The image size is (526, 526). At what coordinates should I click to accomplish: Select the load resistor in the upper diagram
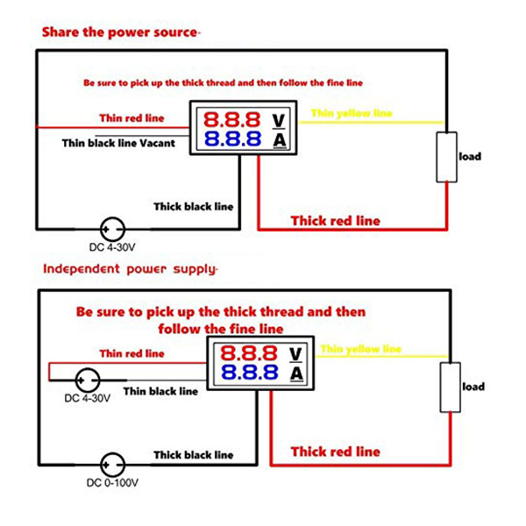point(447,157)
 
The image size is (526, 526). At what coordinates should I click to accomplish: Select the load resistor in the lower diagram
point(450,387)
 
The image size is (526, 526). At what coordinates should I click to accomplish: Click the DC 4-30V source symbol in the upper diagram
point(111,230)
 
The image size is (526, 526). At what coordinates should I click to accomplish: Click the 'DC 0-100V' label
point(110,483)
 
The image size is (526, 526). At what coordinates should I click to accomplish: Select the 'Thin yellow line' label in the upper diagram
point(352,113)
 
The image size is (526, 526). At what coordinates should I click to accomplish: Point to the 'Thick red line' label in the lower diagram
point(336,451)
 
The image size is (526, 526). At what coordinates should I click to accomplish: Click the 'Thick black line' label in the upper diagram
point(194,207)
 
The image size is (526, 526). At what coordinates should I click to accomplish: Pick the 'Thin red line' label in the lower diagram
point(131,354)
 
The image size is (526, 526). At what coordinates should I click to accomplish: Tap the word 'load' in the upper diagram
point(471,157)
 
